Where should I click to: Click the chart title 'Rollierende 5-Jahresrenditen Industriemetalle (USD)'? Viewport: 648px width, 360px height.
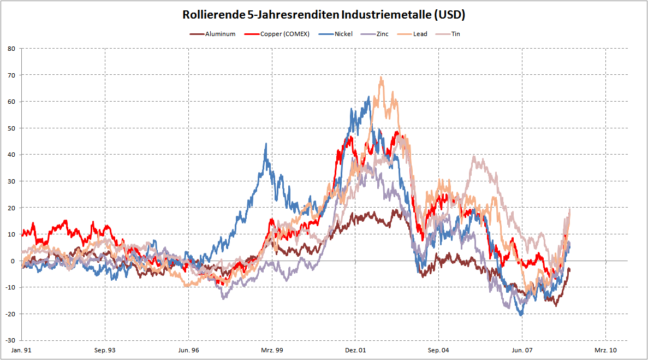pos(324,15)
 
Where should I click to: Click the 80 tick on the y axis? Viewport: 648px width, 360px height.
pos(10,49)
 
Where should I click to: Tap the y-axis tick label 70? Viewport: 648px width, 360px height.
pos(10,75)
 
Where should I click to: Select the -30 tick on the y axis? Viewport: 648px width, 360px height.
pos(9,340)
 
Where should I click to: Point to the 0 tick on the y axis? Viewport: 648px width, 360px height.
pos(12,261)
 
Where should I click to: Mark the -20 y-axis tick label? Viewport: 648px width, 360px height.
pos(9,314)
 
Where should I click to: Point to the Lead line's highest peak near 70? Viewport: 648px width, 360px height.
pos(381,77)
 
